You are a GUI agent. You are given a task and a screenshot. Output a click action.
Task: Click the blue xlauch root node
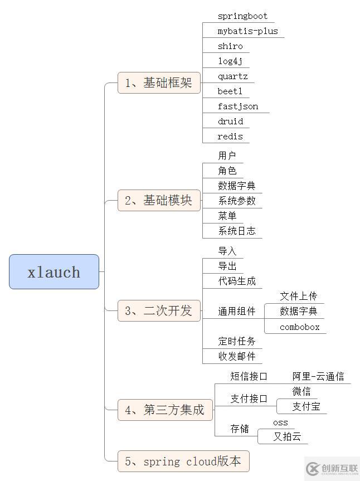[54, 272]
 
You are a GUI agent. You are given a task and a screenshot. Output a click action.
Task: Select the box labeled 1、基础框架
[159, 83]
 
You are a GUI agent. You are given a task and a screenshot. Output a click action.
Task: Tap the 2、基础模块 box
[159, 201]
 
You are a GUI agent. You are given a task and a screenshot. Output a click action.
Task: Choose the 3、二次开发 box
[159, 310]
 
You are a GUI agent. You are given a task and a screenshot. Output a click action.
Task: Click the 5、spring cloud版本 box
[183, 461]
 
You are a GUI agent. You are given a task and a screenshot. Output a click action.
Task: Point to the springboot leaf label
[242, 16]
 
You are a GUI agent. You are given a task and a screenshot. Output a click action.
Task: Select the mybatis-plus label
[247, 31]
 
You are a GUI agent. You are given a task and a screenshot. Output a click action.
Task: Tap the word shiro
[230, 46]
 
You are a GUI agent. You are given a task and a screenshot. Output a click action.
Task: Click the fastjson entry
[238, 106]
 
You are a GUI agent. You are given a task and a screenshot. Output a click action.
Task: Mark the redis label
[230, 137]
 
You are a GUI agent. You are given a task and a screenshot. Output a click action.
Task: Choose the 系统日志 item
[237, 231]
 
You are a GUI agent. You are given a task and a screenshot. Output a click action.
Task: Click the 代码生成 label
[237, 281]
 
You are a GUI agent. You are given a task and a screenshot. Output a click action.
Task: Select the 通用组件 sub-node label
[237, 311]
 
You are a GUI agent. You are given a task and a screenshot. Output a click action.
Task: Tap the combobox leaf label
[300, 327]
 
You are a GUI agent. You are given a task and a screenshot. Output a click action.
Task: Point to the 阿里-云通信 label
[318, 376]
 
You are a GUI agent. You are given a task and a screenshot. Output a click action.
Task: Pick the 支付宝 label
[307, 406]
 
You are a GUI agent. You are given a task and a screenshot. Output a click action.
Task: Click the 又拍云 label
[287, 436]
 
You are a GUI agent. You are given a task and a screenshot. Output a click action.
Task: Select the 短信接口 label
[249, 376]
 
